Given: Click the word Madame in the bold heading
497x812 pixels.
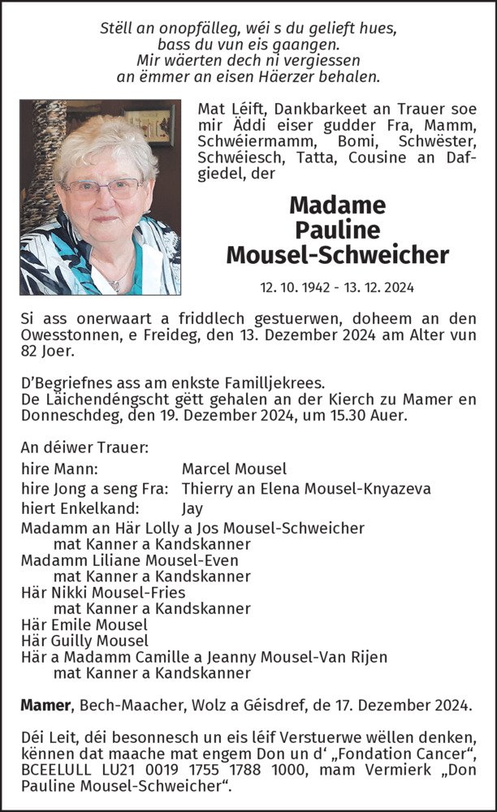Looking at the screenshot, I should [337, 205].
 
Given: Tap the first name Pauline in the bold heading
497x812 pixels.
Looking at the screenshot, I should [337, 230].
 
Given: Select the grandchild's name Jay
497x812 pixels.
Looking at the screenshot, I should [192, 508].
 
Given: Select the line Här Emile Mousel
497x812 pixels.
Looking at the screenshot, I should [84, 624].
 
